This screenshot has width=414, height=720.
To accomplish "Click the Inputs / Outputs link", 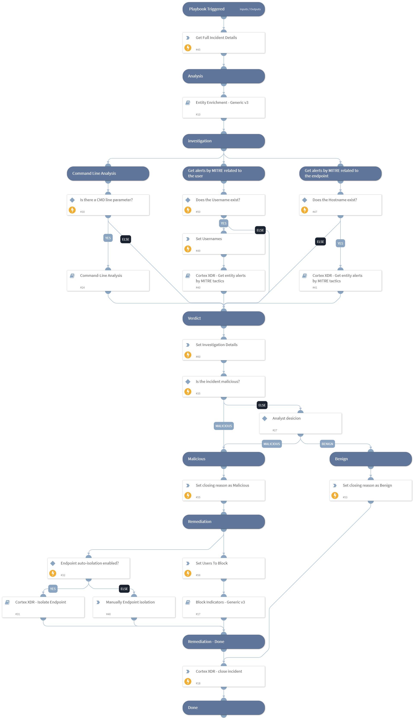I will point(250,9).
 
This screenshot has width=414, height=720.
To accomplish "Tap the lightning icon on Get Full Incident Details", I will point(188,48).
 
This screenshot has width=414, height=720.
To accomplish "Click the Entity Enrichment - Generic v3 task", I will point(224,107).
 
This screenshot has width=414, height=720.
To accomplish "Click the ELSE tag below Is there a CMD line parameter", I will point(125,239).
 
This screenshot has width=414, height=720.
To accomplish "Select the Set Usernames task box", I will point(224,244).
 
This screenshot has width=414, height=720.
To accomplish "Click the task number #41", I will point(315,288).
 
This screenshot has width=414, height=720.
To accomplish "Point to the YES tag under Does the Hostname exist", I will point(340,244).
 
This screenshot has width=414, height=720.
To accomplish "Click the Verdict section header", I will point(224,318).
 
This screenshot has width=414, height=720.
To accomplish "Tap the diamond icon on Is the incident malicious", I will point(188,382).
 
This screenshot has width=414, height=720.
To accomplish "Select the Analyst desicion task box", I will point(300,423).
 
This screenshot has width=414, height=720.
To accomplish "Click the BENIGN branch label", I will point(327,444).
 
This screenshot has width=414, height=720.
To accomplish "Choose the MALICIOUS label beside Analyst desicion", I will point(272,444).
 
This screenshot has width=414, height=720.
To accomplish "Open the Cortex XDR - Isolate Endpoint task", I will point(43,607).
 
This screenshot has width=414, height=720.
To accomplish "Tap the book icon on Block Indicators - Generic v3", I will point(188,602).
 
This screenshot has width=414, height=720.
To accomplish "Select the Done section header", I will point(224,707).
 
